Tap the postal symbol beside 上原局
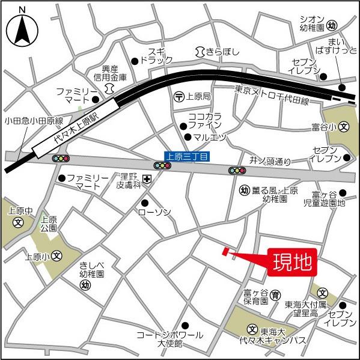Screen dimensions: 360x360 click(x=179, y=96)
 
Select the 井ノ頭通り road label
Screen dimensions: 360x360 click(x=270, y=161)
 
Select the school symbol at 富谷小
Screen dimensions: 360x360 click(x=344, y=127)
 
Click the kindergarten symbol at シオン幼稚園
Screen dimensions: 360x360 click(x=333, y=25)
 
